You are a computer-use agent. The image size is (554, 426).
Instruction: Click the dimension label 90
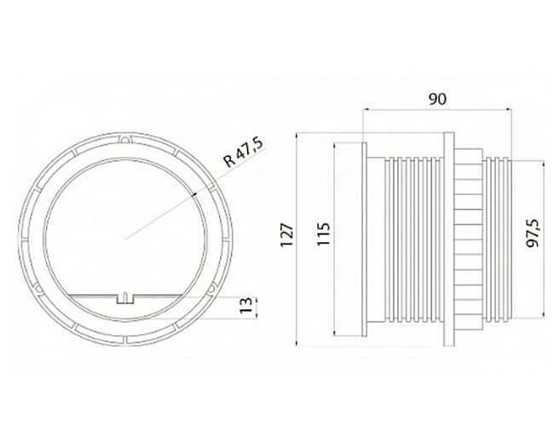437,100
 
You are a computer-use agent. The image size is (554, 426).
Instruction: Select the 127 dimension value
287,234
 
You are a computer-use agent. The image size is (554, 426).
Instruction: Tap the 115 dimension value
323,233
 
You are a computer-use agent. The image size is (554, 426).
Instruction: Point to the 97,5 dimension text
532,233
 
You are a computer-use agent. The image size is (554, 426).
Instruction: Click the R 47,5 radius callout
245,153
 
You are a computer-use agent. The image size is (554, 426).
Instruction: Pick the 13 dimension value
246,305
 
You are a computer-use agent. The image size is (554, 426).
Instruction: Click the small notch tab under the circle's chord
125,299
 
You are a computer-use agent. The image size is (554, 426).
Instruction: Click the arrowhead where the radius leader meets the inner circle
193,194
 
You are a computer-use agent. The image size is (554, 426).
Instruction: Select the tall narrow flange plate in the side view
448,239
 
